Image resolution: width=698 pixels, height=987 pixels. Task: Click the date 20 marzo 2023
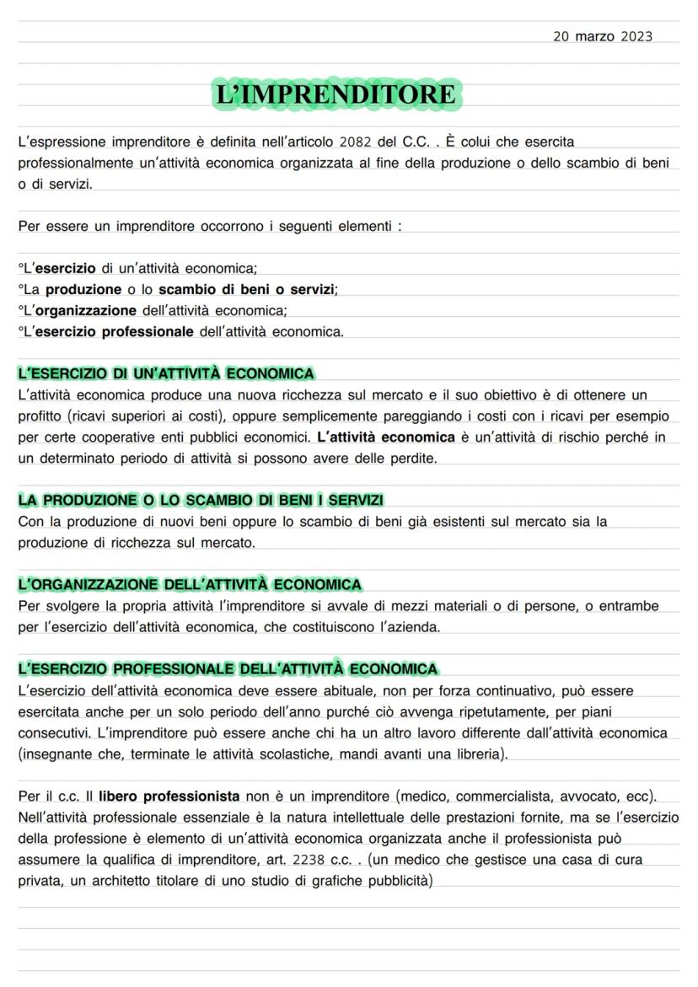(x=603, y=36)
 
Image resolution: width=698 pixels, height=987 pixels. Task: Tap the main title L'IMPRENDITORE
(x=336, y=94)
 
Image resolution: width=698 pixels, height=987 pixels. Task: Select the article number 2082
(x=357, y=142)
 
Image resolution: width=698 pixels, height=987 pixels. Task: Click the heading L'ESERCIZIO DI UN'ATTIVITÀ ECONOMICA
(x=166, y=373)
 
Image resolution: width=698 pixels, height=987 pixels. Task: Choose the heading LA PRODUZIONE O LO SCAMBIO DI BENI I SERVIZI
(x=201, y=501)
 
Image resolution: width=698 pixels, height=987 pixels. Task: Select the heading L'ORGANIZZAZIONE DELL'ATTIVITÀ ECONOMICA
(x=190, y=584)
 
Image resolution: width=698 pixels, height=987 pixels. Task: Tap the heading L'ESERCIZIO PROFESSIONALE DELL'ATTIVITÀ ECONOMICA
(x=228, y=669)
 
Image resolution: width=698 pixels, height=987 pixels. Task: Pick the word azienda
(x=413, y=627)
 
